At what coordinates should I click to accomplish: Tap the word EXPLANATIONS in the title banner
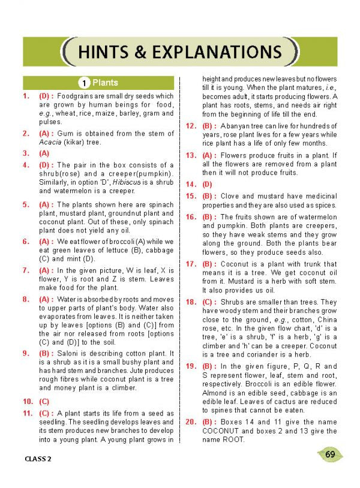215,52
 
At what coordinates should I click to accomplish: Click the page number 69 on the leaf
330,454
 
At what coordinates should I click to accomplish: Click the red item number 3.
26,153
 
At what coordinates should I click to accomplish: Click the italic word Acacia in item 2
50,142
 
